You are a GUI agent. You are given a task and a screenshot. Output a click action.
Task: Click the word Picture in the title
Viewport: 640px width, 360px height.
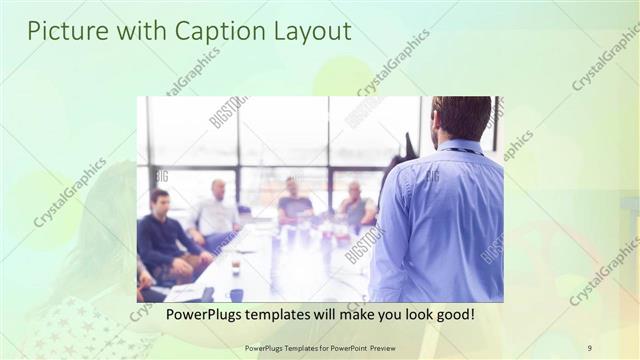[61, 31]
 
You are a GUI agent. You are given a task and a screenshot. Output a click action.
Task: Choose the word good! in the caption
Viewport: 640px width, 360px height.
[452, 315]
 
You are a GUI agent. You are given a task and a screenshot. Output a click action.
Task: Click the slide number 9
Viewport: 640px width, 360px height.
[589, 348]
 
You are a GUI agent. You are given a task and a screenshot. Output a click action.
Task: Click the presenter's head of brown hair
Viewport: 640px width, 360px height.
[461, 115]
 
